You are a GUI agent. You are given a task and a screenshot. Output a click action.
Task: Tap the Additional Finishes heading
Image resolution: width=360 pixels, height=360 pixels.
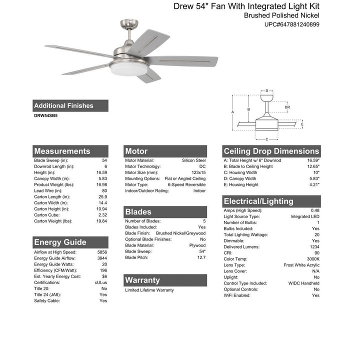[63, 105]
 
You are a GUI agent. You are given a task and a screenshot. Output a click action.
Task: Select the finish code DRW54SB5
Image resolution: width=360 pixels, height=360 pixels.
[45, 115]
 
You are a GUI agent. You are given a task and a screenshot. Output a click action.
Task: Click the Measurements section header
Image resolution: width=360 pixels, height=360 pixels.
[62, 151]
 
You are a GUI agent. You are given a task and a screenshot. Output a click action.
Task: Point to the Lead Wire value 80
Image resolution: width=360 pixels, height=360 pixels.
[104, 190]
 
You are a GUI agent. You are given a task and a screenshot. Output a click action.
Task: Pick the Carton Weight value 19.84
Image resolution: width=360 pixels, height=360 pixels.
[101, 221]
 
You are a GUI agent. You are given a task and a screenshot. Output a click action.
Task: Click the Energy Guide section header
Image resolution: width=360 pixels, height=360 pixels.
[60, 242]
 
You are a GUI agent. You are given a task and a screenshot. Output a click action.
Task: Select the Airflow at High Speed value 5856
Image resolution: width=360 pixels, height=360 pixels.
[101, 252]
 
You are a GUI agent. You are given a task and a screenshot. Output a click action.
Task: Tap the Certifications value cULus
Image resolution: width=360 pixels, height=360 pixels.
[100, 282]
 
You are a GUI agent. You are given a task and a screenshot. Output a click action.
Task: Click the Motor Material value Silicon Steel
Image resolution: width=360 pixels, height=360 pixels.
[193, 160]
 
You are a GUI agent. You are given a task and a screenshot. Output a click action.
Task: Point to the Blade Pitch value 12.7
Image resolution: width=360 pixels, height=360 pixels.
[201, 257]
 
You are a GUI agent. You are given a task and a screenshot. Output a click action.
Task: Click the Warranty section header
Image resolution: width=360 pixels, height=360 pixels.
[143, 280]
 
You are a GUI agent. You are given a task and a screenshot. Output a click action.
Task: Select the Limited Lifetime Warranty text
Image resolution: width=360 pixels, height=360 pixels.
[149, 290]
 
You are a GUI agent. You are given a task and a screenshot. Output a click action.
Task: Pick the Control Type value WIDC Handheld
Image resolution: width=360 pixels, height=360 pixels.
[303, 283]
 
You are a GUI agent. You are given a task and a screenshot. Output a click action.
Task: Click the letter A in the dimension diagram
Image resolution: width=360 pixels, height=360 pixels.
[233, 112]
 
